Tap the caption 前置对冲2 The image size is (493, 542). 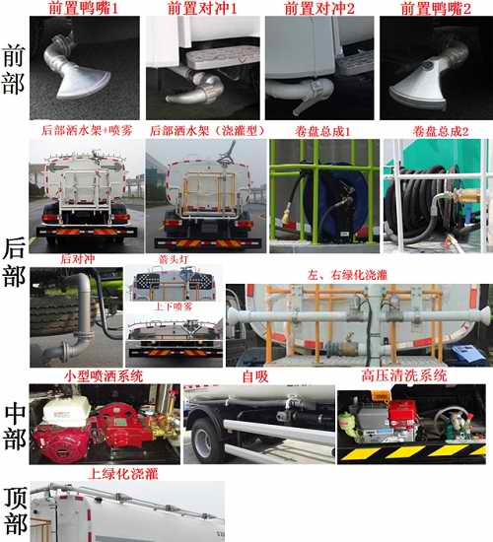(317, 8)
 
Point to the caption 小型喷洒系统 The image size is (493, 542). (104, 375)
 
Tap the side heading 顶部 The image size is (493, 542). (15, 510)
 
